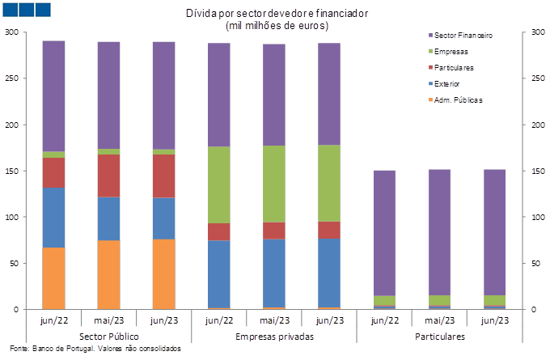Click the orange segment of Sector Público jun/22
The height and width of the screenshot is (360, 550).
point(53,278)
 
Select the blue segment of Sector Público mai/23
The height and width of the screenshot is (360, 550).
point(108,218)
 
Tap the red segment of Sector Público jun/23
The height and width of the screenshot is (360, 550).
point(164,176)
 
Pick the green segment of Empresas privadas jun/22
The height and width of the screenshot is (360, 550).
point(219,185)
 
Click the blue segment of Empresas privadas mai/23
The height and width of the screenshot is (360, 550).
point(274,273)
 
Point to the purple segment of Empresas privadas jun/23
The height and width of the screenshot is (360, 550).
point(329,94)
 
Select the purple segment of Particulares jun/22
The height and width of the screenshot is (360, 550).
point(384,233)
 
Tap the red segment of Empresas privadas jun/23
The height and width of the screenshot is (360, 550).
point(329,231)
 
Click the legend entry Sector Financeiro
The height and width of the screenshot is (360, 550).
point(460,36)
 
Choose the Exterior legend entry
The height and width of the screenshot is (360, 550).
point(444,84)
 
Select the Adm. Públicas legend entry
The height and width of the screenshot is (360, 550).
point(455,100)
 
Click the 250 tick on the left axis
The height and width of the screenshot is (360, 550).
point(11,78)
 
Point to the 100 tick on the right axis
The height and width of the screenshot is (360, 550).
point(538,217)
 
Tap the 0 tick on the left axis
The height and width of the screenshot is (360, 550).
point(16,310)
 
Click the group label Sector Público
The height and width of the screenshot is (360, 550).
point(109,337)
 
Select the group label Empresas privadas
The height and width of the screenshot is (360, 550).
point(275,337)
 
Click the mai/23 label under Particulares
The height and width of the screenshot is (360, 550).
point(439,320)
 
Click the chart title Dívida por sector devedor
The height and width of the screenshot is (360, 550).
point(277,13)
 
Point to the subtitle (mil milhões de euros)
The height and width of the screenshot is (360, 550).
point(277,26)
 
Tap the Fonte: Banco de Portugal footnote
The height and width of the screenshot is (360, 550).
point(95,349)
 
